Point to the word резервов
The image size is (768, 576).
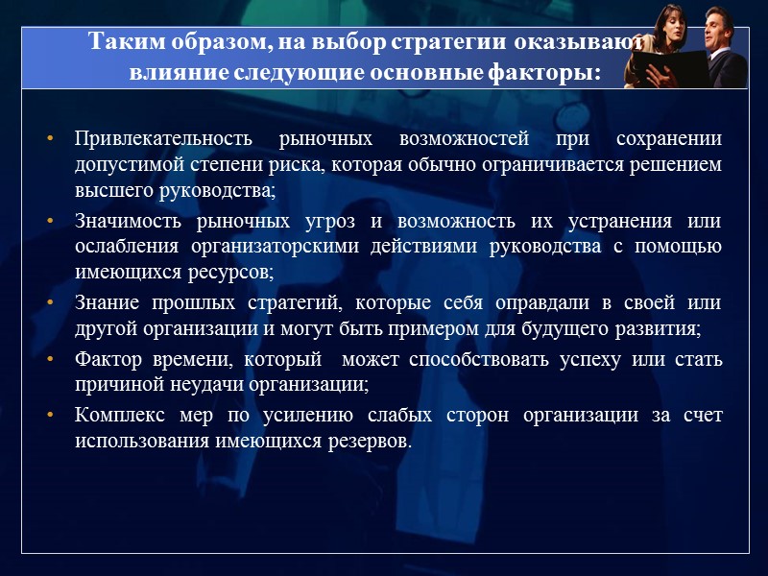point(372,442)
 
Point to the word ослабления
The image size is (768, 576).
point(126,248)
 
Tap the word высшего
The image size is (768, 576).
point(109,191)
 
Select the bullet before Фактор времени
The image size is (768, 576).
point(50,361)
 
